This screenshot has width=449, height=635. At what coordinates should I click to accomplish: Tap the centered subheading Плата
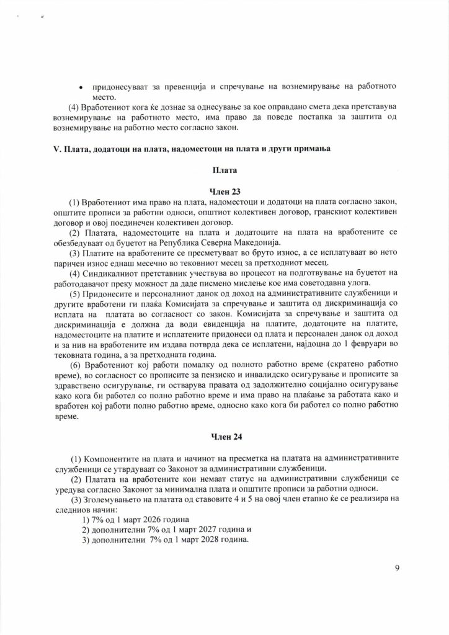tap(225, 169)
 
